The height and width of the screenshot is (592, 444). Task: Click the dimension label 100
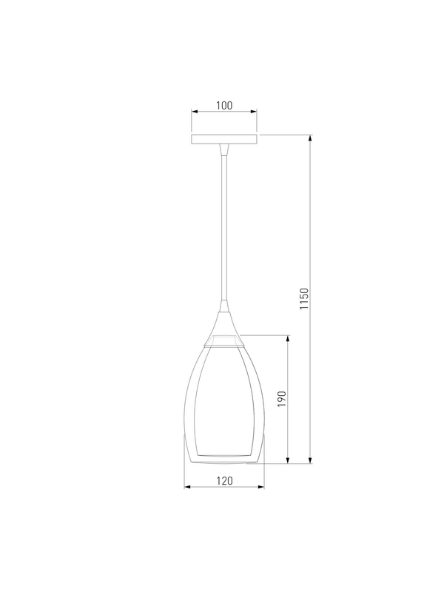[x=224, y=105]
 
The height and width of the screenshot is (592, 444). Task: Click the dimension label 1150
[x=304, y=299]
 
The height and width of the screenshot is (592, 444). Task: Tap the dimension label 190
[x=282, y=399]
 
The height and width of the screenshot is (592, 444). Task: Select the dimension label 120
[x=225, y=480]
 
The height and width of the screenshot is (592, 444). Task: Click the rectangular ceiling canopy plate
[x=224, y=139]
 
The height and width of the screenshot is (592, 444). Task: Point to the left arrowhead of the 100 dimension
[x=195, y=112]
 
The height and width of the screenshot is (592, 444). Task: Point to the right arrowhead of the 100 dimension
[x=254, y=112]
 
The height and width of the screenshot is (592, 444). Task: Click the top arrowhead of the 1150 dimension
[x=310, y=138]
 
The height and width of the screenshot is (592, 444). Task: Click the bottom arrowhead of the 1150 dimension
[x=310, y=460]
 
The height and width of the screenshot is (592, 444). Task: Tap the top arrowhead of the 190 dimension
[x=288, y=339]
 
